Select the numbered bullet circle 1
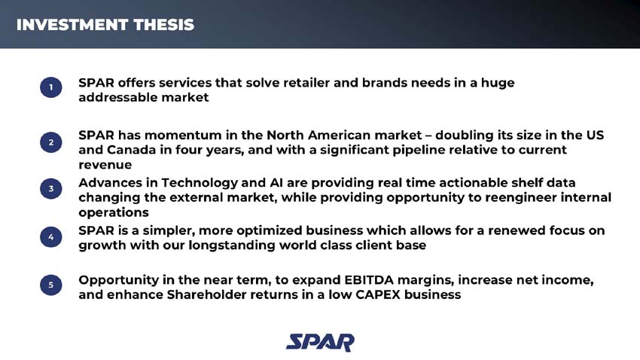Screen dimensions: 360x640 50,89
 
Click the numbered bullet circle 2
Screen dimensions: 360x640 50,142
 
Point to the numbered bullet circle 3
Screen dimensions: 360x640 50,190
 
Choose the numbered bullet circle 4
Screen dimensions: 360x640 50,237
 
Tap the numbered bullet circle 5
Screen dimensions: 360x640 50,285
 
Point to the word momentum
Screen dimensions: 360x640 178,136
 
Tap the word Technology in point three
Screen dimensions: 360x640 199,183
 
